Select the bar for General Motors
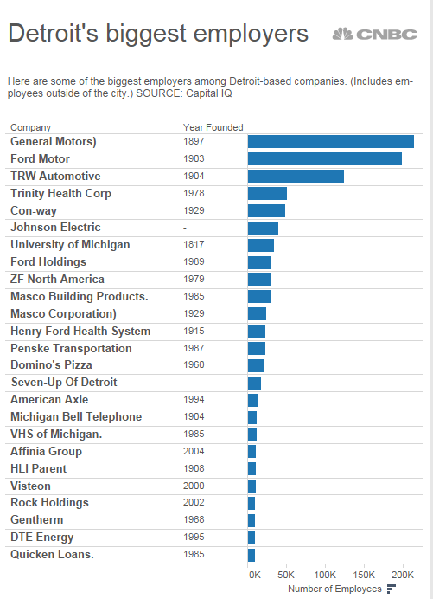[x=330, y=142]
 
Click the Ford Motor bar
[x=324, y=159]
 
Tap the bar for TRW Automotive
[x=296, y=177]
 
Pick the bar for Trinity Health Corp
[x=267, y=194]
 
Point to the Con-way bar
[x=266, y=210]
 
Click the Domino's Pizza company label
[x=51, y=365]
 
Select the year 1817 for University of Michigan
[x=194, y=245]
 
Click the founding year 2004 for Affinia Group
[x=194, y=451]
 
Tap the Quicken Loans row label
[x=52, y=555]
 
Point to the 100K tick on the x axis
[x=325, y=575]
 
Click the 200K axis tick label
[x=401, y=575]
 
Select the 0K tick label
[x=254, y=575]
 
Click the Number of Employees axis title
[x=334, y=589]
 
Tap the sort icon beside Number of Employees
[x=391, y=589]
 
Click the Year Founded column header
[x=213, y=127]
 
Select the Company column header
[x=30, y=127]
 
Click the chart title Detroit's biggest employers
[x=158, y=34]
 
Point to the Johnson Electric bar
[x=263, y=228]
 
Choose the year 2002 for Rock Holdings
[x=194, y=503]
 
